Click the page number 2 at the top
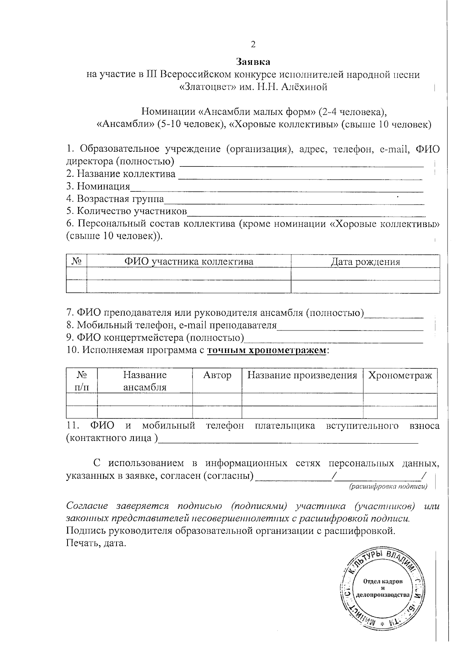pos(253,44)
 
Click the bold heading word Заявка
pos(253,62)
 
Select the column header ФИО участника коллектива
pos(188,262)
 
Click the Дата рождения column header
pos(365,262)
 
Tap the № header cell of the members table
pos(76,262)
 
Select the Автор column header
pos(217,375)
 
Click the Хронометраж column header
pos(400,375)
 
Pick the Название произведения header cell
pos(302,375)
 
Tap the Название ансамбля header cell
pos(144,381)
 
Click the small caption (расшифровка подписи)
pos(388,486)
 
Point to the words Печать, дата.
pos(96,544)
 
